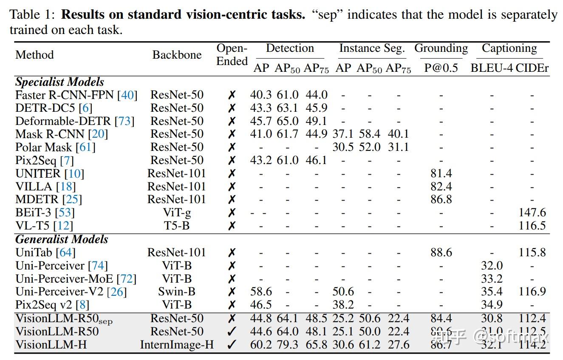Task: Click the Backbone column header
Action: coord(177,55)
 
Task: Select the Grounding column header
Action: coord(441,48)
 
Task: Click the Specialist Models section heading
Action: coord(59,82)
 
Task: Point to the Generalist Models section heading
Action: coord(62,239)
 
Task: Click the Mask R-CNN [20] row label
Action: coord(62,134)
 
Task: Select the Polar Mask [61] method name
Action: coord(55,147)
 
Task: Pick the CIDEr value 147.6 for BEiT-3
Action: coord(532,213)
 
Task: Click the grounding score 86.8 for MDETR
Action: coord(441,199)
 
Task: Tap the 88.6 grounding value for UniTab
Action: coord(441,252)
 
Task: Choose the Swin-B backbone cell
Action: coord(177,292)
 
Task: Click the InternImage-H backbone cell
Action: coord(177,345)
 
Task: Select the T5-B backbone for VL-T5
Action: coord(177,226)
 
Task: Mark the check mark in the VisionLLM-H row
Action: coord(232,345)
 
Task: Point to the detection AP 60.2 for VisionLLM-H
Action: coord(261,345)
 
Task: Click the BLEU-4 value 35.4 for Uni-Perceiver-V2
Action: coord(492,292)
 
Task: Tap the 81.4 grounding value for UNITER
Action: coord(441,173)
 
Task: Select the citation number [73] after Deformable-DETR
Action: coord(124,121)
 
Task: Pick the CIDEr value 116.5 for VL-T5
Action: coord(532,226)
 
